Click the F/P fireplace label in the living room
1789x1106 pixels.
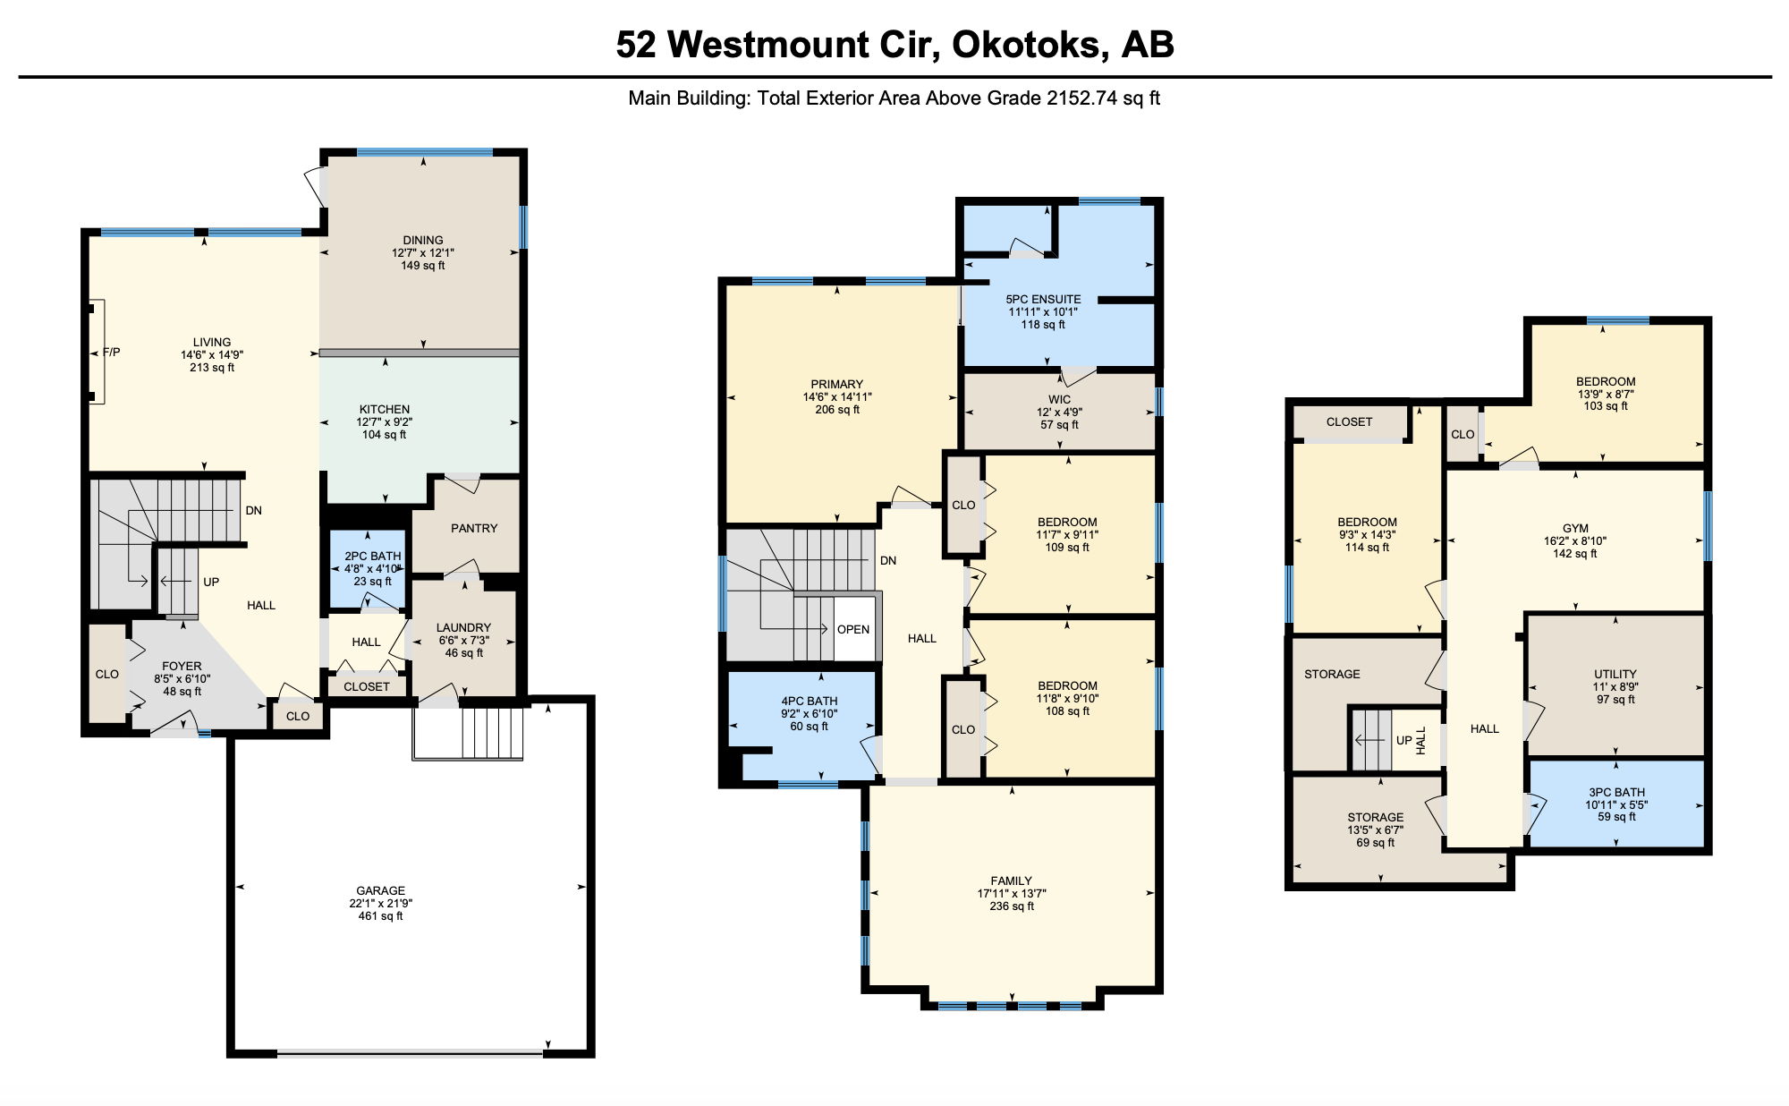point(111,353)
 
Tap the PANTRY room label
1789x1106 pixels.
point(474,528)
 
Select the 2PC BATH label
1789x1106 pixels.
point(373,556)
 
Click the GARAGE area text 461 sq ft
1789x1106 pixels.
point(381,916)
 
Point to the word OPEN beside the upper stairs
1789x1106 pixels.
point(853,629)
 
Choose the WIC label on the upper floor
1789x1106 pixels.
point(1059,400)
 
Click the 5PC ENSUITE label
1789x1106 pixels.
point(1043,300)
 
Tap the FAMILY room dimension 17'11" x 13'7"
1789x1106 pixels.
point(1012,893)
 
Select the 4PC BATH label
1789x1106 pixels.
point(810,702)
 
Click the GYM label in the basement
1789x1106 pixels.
point(1575,529)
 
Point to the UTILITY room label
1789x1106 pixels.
point(1615,675)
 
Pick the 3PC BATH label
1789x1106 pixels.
point(1616,792)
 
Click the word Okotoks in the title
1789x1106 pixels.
point(1025,44)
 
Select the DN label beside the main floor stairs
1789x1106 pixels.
point(254,511)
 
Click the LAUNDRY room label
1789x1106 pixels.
point(463,628)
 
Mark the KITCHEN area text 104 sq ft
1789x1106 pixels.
point(385,435)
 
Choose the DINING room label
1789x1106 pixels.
point(423,241)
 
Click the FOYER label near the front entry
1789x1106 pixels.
point(182,667)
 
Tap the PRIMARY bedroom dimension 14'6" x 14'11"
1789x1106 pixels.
point(837,397)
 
